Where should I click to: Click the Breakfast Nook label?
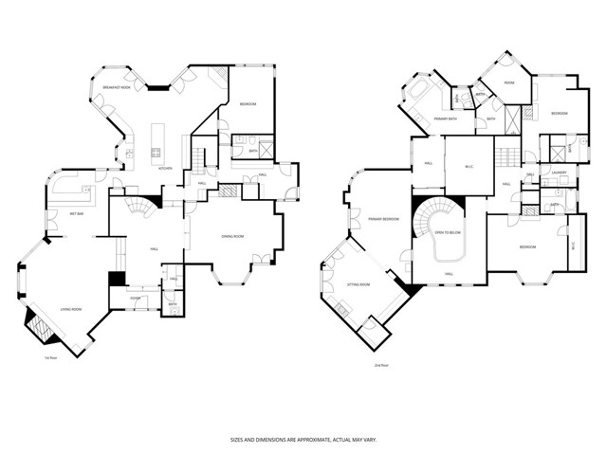click(x=117, y=87)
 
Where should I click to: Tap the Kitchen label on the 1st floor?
click(x=165, y=168)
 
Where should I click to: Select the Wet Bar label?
click(x=47, y=214)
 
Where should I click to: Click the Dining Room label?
click(x=233, y=237)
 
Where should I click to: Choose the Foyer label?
click(x=136, y=297)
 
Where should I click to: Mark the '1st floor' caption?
click(x=51, y=358)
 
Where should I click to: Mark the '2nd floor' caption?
click(x=380, y=365)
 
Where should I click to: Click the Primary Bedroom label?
click(x=383, y=219)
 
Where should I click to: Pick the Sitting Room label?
click(x=359, y=283)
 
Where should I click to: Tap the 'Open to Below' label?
click(x=448, y=231)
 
